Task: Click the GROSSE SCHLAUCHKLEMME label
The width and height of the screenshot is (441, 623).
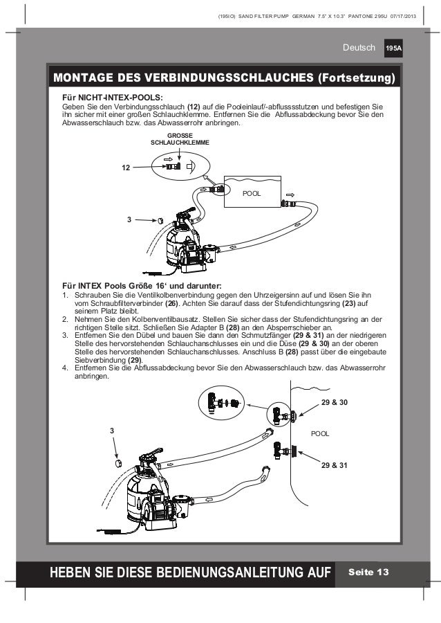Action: [180, 138]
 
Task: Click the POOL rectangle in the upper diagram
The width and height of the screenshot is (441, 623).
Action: [253, 193]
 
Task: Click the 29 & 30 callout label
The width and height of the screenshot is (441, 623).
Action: [335, 402]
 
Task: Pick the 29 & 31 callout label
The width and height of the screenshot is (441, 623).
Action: [335, 466]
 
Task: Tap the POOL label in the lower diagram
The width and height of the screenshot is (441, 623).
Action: [320, 433]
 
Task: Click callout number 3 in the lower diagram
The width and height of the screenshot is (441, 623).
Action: [113, 431]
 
